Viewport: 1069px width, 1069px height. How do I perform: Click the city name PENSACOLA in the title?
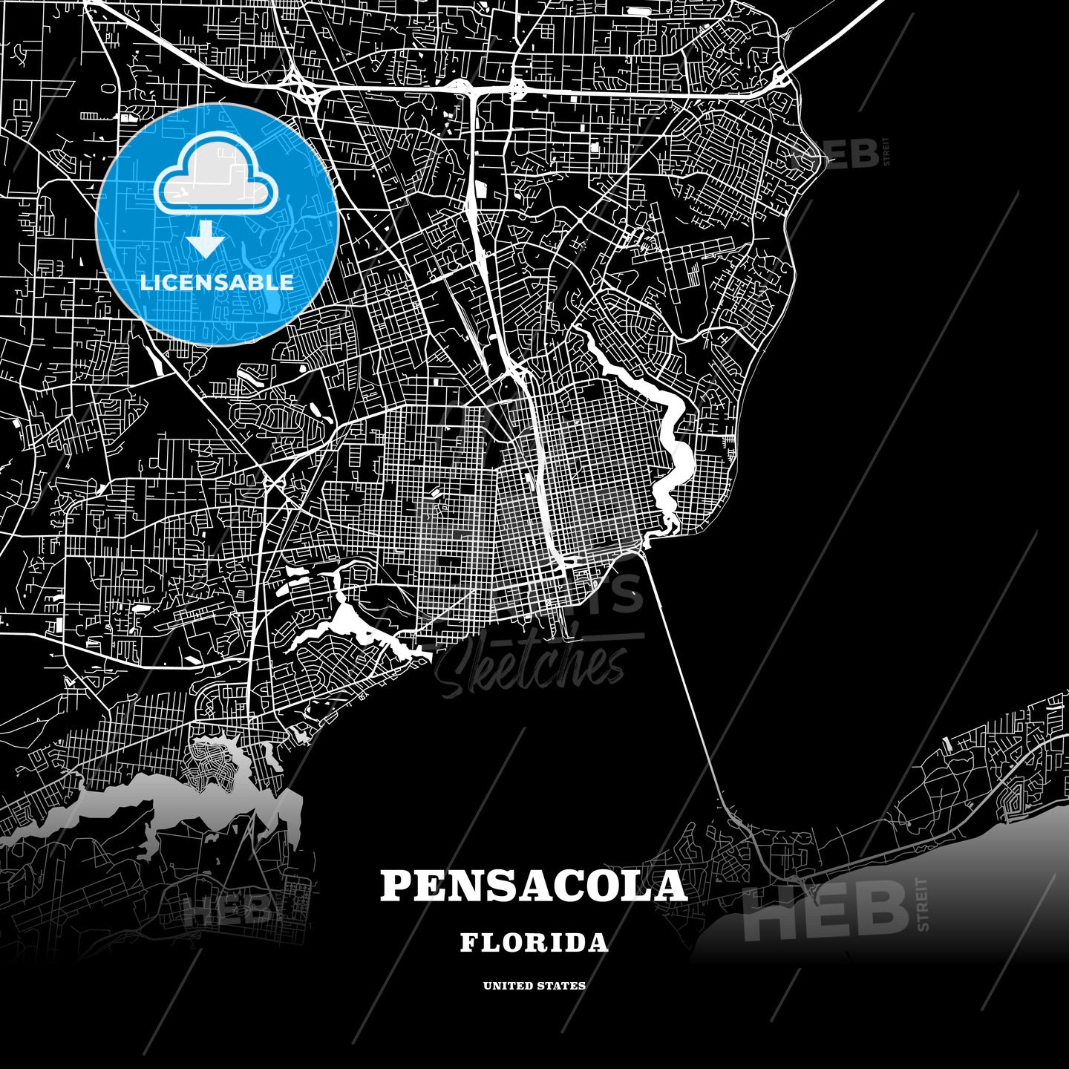point(534,886)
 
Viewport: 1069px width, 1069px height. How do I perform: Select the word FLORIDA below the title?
point(534,943)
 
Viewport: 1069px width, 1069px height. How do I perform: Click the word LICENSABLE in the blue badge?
point(217,282)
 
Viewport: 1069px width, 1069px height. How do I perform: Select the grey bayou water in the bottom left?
point(148,805)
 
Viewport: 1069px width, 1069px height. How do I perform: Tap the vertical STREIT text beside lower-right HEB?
point(923,904)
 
